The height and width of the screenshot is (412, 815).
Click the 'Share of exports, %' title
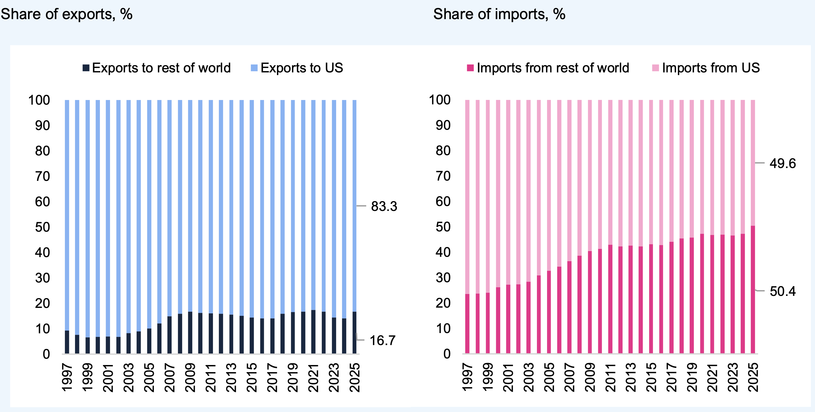coord(67,14)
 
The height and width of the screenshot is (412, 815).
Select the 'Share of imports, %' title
coord(499,14)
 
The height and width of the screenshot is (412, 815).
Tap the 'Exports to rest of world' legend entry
coord(157,68)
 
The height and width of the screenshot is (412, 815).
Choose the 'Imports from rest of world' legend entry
coord(548,68)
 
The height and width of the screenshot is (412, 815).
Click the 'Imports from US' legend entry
coord(706,68)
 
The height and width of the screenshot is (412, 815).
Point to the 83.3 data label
coord(384,206)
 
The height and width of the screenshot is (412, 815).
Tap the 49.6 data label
coord(782,163)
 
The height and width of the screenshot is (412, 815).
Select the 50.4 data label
coord(782,291)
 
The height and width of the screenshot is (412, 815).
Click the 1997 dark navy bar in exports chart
coord(67,342)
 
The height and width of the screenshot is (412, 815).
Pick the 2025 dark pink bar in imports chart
coord(753,289)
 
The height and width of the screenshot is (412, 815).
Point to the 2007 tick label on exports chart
coord(170,378)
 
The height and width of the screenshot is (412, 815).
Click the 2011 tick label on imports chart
coord(610,378)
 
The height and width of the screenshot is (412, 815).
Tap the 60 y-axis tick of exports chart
coord(42,202)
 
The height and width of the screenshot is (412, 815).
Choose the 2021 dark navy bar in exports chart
coord(313,332)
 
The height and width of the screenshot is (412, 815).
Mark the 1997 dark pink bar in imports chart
coord(467,323)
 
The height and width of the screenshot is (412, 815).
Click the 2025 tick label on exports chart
coord(355,378)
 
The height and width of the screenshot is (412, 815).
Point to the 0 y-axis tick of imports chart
coord(447,354)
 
